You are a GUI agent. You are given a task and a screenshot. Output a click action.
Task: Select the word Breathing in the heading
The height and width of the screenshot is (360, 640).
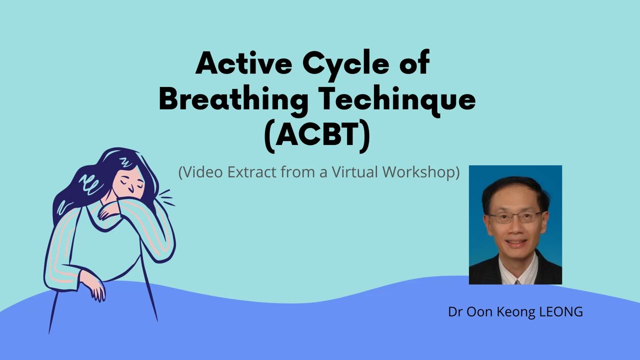(x=233, y=99)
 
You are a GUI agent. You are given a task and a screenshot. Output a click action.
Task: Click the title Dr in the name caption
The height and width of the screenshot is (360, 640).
(x=454, y=312)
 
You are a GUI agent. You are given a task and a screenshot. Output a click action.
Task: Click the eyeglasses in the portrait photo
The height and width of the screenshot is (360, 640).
(x=515, y=217)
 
